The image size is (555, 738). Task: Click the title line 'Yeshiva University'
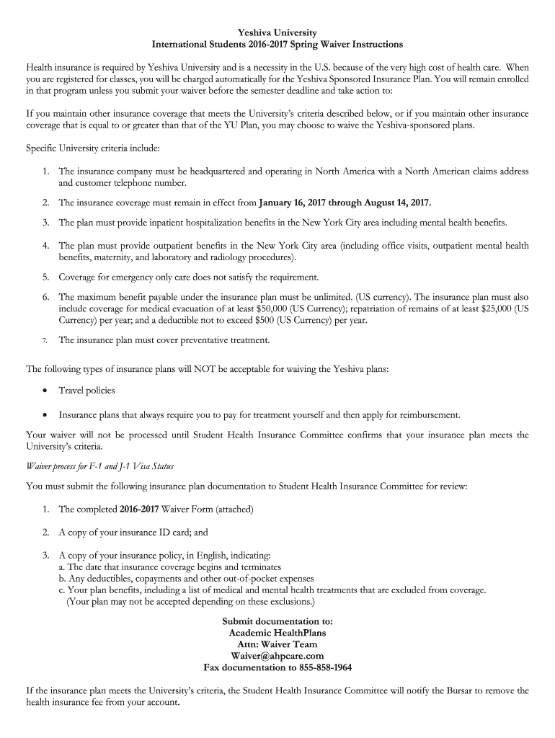277,32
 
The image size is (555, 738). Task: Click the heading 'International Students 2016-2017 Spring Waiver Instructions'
277,45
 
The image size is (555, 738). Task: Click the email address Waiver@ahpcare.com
277,656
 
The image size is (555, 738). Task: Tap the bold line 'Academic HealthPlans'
277,633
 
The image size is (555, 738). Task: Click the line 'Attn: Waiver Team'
277,644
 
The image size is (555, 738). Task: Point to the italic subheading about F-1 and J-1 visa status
100,466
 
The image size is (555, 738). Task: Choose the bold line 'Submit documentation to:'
277,621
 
